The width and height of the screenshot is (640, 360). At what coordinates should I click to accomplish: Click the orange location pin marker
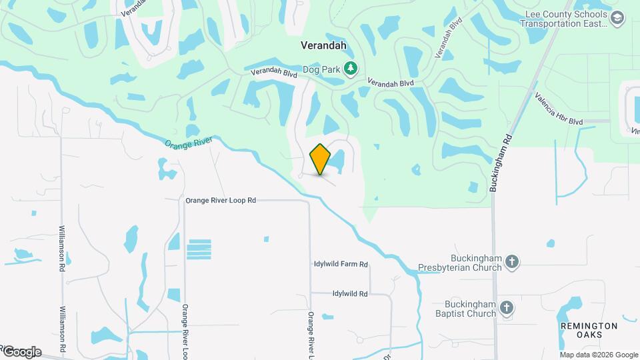(x=321, y=159)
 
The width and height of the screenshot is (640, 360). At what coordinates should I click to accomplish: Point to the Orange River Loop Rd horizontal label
(x=221, y=200)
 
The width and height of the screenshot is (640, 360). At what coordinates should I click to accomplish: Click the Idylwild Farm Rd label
(x=341, y=265)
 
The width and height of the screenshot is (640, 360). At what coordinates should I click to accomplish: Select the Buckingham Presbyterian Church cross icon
(x=512, y=261)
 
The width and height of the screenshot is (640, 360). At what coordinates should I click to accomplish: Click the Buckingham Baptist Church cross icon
(x=507, y=307)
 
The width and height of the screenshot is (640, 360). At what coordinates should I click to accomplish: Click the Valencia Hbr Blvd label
(x=558, y=109)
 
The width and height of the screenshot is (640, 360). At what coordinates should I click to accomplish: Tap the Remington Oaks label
(x=589, y=330)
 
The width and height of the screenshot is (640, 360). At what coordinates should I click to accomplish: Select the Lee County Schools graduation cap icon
(x=617, y=18)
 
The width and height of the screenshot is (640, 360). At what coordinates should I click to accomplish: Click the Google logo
(x=21, y=351)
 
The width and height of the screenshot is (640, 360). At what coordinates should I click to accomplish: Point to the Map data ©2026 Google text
(x=599, y=355)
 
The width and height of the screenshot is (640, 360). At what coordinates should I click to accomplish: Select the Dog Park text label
(x=321, y=68)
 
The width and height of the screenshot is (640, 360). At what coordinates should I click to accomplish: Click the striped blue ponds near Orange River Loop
(x=199, y=249)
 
